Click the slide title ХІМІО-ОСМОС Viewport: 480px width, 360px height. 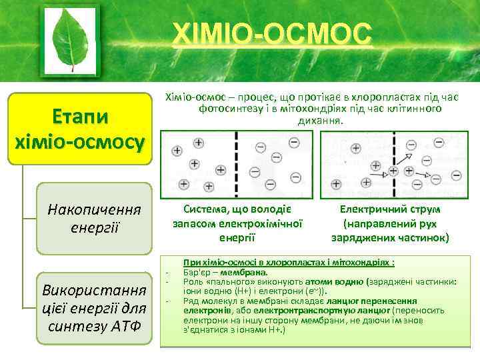(x=270, y=33)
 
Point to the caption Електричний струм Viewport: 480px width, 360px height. (x=390, y=209)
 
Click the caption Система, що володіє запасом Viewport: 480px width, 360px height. (x=238, y=209)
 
